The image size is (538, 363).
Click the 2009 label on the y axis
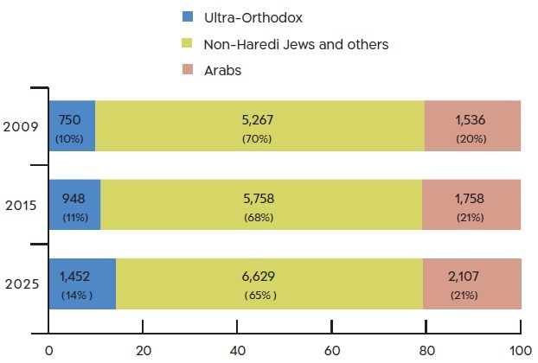(21, 126)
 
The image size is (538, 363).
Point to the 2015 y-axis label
(21, 205)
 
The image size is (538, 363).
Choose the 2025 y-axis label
(21, 283)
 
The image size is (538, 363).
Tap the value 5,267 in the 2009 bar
(259, 119)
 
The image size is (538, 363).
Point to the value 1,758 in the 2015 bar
(468, 198)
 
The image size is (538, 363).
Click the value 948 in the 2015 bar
(74, 198)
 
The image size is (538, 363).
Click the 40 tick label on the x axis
(237, 350)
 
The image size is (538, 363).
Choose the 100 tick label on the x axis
(520, 350)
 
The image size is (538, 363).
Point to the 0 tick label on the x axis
(49, 350)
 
